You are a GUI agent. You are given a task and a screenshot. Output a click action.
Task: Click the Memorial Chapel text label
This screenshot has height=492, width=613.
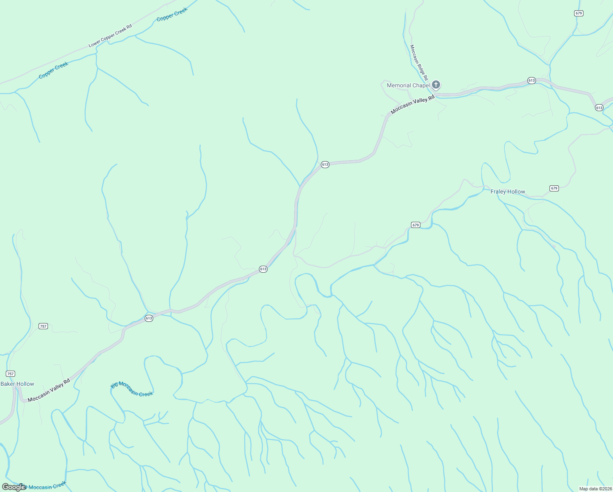[x=408, y=86]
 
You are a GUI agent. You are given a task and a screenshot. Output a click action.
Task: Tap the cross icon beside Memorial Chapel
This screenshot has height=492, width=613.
[x=436, y=85]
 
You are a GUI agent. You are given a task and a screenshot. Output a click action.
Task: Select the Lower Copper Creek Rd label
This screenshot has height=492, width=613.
[x=110, y=36]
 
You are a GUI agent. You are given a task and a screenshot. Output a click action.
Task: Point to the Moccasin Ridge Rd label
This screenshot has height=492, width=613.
[x=419, y=62]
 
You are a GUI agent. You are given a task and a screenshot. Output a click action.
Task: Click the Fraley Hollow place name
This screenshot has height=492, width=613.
[x=508, y=191]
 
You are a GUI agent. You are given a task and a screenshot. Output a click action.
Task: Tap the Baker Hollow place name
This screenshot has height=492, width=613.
[x=18, y=384]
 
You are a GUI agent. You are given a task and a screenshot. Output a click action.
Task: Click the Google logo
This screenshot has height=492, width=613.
[x=14, y=487]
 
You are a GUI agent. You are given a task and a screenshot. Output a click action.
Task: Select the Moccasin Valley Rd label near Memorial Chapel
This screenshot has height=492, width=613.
[x=412, y=105]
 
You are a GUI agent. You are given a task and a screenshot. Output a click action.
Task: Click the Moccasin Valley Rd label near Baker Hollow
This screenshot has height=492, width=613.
[x=49, y=390]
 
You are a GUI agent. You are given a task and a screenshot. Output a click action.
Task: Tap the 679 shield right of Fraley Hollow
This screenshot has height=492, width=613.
[x=554, y=188]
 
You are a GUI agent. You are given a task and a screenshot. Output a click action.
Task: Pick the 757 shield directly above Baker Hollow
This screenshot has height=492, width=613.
[x=11, y=374]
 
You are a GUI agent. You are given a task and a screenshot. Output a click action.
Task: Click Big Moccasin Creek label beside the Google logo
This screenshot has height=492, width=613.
[x=44, y=487]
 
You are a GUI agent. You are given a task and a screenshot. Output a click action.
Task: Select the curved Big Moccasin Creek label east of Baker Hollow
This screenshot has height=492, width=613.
[x=132, y=389]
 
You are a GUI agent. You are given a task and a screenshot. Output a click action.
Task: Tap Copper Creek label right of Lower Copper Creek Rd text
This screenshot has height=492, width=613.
[x=172, y=14]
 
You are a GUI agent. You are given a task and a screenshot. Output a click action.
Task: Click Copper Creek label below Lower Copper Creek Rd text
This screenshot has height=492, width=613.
[x=53, y=71]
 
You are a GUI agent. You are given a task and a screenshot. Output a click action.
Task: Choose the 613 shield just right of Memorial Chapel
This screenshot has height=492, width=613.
[x=531, y=80]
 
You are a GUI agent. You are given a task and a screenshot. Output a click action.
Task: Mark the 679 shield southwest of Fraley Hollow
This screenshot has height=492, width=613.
[x=415, y=225]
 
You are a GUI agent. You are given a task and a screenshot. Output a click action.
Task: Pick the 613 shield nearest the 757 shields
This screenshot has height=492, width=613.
[x=149, y=318]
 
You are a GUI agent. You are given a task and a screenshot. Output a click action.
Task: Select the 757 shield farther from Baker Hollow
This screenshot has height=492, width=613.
[x=43, y=326]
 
